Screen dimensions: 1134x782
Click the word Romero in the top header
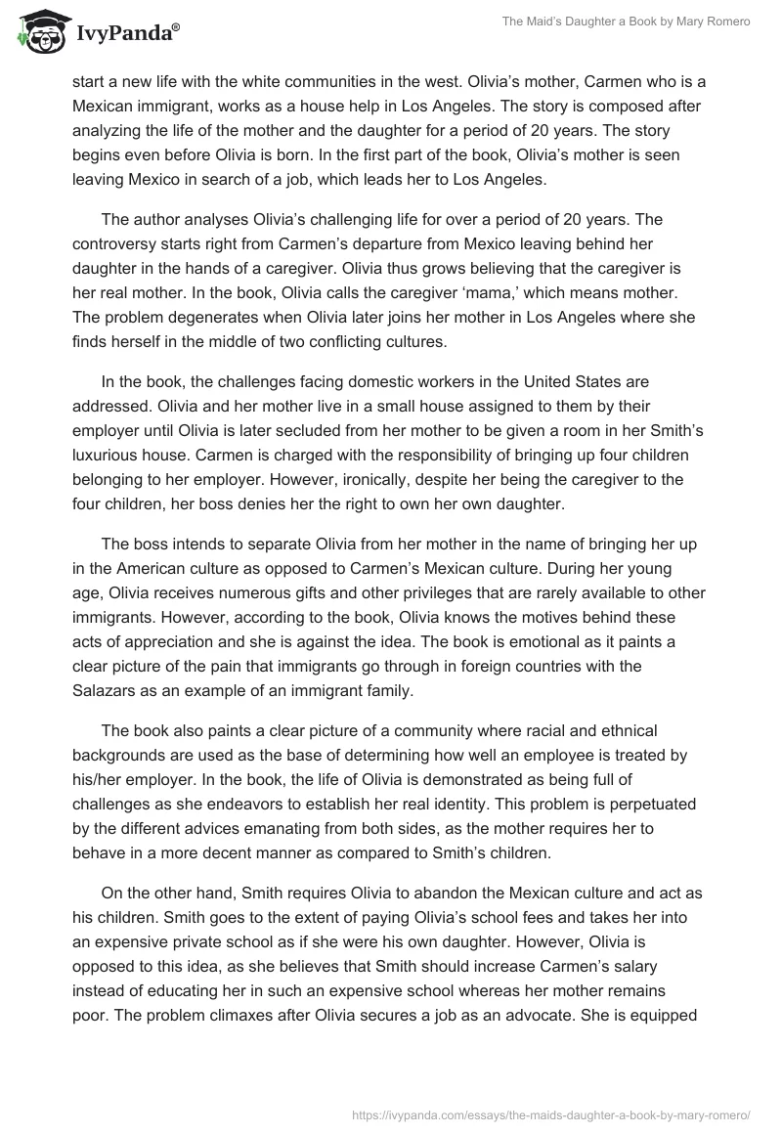point(725,22)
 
